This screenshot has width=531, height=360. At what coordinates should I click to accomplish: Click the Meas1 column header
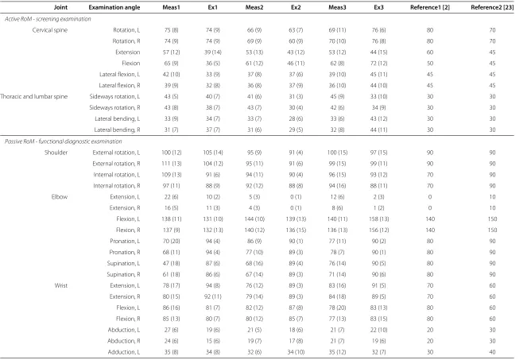pyautogui.click(x=171, y=7)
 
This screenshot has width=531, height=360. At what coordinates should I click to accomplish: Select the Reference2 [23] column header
pyautogui.click(x=492, y=7)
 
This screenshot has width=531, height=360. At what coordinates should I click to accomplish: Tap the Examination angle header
pyautogui.click(x=114, y=7)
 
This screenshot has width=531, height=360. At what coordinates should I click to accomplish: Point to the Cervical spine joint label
pyautogui.click(x=50, y=30)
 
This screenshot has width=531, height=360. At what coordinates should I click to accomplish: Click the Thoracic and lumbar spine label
pyautogui.click(x=34, y=96)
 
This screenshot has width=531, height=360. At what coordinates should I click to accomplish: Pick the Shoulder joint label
pyautogui.click(x=56, y=153)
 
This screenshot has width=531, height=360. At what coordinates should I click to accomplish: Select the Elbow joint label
pyautogui.click(x=60, y=197)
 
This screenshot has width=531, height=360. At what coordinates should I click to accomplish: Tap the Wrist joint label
pyautogui.click(x=61, y=285)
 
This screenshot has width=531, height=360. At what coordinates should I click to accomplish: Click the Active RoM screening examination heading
pyautogui.click(x=48, y=19)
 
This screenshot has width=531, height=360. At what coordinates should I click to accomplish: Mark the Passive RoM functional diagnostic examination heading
pyautogui.click(x=64, y=141)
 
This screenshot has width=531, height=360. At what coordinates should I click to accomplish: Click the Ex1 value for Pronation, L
pyautogui.click(x=213, y=241)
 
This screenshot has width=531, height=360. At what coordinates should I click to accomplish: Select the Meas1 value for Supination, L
pyautogui.click(x=171, y=263)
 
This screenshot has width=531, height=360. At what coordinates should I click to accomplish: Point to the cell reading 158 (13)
pyautogui.click(x=378, y=219)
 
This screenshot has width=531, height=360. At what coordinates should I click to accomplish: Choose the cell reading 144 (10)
pyautogui.click(x=254, y=219)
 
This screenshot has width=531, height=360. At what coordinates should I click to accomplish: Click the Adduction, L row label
pyautogui.click(x=123, y=352)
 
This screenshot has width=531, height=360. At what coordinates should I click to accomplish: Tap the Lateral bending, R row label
pyautogui.click(x=117, y=130)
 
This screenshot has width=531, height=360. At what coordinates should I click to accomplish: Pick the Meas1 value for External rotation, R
pyautogui.click(x=171, y=164)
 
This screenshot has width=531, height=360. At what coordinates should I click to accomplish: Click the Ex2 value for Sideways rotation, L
pyautogui.click(x=296, y=96)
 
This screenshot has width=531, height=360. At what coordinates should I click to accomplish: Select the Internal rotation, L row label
pyautogui.click(x=117, y=175)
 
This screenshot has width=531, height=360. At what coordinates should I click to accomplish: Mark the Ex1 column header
pyautogui.click(x=213, y=7)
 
